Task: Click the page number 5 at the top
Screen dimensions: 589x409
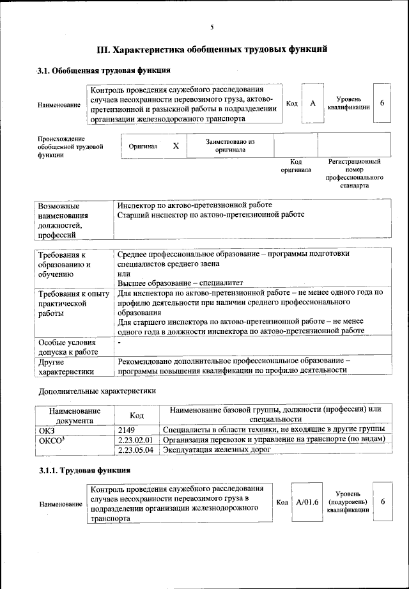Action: click(x=212, y=26)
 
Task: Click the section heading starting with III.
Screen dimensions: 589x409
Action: click(x=212, y=49)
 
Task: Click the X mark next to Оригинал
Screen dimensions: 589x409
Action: click(x=176, y=146)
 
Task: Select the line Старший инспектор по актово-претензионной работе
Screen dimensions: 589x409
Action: click(x=211, y=215)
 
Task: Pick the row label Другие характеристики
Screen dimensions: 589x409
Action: click(x=67, y=366)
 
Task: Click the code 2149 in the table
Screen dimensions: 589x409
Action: click(x=127, y=429)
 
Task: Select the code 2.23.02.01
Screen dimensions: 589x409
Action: click(x=137, y=439)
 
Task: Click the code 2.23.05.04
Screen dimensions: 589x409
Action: click(x=137, y=450)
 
